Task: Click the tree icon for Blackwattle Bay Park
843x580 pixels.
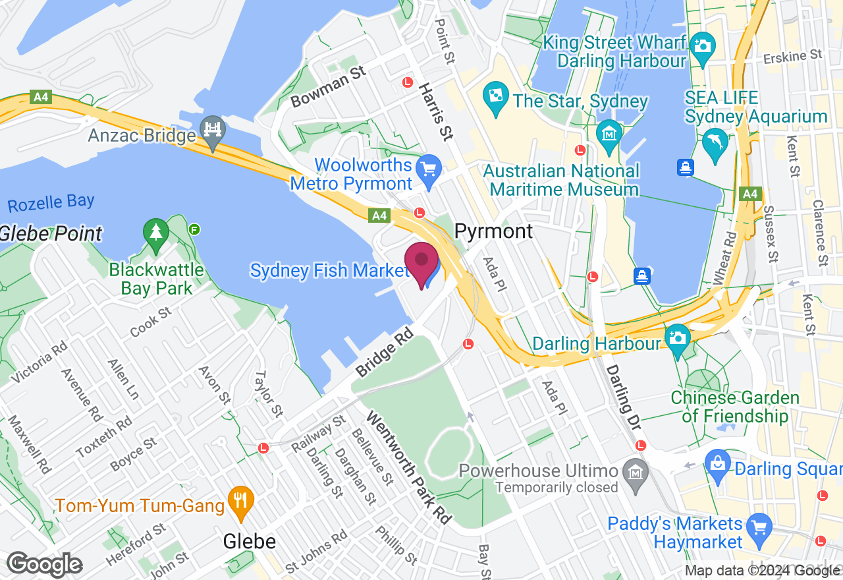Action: point(155,233)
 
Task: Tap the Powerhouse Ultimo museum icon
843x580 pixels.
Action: point(636,473)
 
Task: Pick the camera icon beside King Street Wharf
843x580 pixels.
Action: point(703,45)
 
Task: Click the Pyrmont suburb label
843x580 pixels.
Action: point(494,231)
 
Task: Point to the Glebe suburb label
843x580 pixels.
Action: point(250,542)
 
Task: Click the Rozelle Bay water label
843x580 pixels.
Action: point(51,202)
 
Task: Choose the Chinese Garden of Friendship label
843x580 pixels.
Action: point(735,407)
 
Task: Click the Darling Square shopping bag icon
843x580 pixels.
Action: point(718,462)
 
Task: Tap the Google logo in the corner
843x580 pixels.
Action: point(45,565)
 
